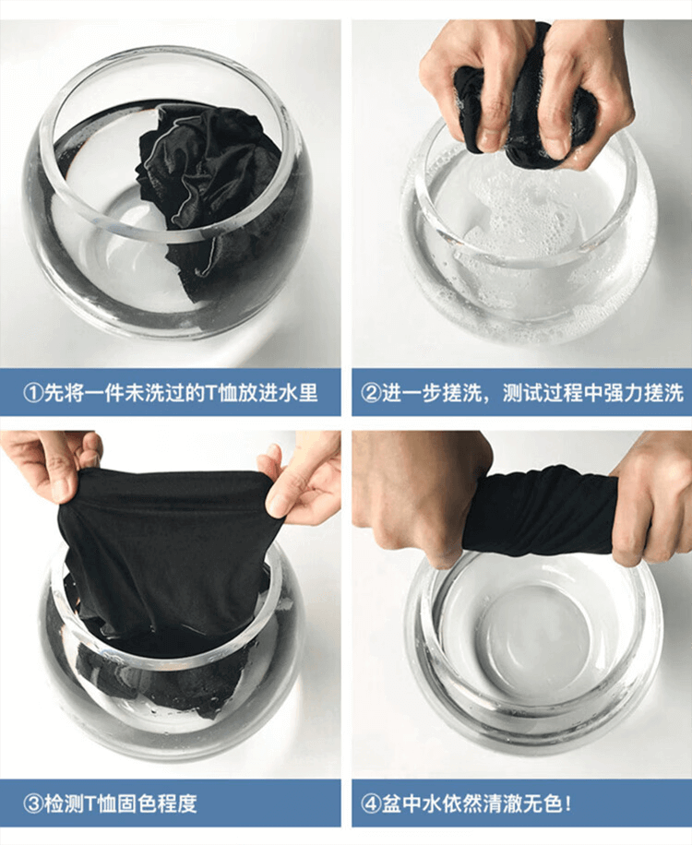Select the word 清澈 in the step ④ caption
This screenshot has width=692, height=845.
pyautogui.click(x=502, y=803)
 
